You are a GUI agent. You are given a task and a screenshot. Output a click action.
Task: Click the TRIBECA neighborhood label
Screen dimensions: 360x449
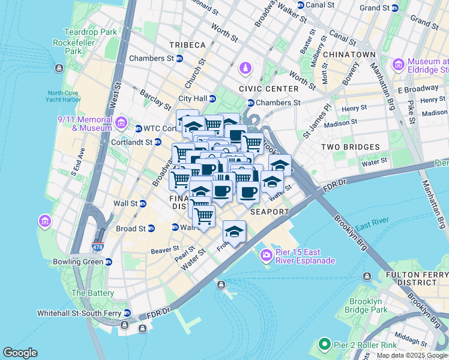click(187, 45)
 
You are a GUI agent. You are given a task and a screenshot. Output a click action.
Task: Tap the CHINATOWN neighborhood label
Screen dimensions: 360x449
click(349, 55)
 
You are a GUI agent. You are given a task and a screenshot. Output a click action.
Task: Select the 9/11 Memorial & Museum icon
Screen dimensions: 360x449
click(121, 124)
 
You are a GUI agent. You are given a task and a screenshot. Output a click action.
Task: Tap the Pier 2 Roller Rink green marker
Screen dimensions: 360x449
click(325, 344)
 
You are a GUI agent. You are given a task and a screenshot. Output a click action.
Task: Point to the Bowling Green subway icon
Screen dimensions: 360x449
click(108, 262)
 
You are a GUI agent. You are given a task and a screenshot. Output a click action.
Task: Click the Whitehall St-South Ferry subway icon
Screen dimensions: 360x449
click(127, 313)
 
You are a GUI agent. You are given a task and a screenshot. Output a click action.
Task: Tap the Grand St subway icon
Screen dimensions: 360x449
click(394, 8)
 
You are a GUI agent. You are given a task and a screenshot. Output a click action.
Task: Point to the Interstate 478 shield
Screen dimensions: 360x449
click(97, 247)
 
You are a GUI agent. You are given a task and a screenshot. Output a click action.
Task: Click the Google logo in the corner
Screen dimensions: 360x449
click(20, 353)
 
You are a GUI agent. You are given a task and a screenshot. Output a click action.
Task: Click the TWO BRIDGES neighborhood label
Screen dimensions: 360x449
click(350, 147)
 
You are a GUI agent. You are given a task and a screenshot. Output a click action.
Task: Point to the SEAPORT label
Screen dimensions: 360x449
click(270, 212)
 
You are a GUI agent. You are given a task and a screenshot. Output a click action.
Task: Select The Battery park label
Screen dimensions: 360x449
click(92, 293)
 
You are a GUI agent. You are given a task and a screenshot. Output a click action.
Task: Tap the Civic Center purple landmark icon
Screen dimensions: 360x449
click(245, 69)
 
